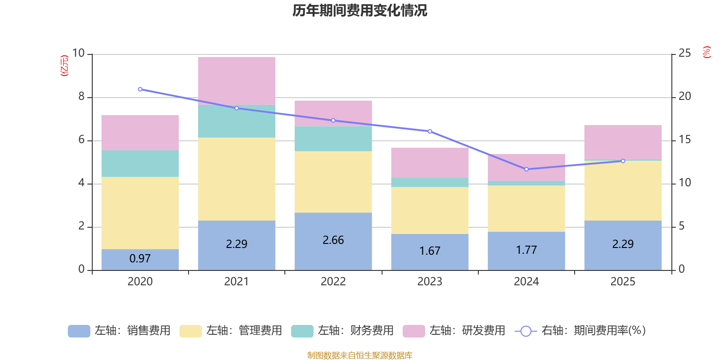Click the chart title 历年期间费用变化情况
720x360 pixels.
(x=360, y=10)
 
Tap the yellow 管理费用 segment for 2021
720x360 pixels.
(x=237, y=179)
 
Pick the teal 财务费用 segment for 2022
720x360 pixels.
(x=333, y=139)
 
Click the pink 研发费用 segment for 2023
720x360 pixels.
(x=430, y=162)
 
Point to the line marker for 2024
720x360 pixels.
(x=526, y=169)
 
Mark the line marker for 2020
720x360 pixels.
(x=140, y=89)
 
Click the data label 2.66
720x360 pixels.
(x=333, y=240)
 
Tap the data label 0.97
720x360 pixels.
(x=140, y=259)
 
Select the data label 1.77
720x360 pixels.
(x=526, y=250)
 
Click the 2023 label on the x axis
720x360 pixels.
(x=430, y=282)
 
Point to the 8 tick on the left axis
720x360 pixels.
(x=81, y=96)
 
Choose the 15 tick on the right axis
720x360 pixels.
(x=684, y=139)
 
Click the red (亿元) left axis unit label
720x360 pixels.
(x=65, y=66)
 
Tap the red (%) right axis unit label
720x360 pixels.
(x=707, y=52)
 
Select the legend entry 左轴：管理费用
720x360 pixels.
(x=231, y=331)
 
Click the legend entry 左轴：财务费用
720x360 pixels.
(x=342, y=331)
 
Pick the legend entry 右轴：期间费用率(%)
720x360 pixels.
(x=580, y=331)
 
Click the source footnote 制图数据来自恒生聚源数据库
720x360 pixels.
(x=360, y=355)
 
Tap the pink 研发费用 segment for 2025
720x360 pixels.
(x=623, y=142)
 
